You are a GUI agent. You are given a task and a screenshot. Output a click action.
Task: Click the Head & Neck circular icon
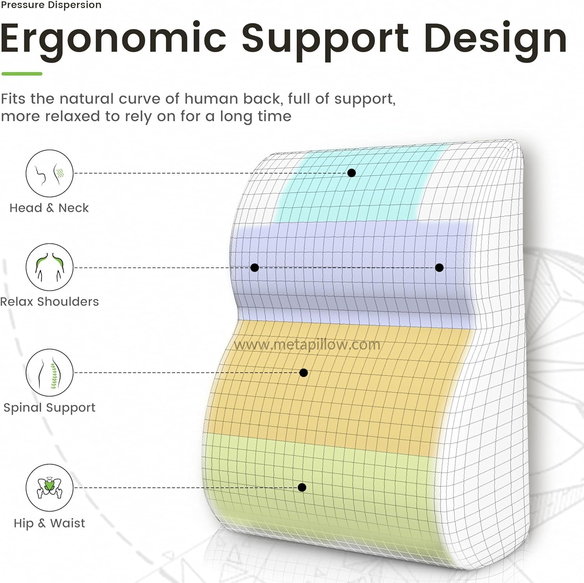tap(49, 173)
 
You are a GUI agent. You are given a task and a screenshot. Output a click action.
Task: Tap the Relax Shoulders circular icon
tap(49, 267)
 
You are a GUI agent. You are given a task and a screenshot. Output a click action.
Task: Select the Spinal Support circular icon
tap(49, 373)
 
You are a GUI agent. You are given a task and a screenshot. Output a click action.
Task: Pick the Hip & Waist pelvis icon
tap(49, 488)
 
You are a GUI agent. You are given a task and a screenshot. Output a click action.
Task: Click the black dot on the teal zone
tap(352, 173)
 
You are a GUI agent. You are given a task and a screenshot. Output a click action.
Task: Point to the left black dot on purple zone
tap(255, 268)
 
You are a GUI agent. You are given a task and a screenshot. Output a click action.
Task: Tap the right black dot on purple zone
tap(440, 268)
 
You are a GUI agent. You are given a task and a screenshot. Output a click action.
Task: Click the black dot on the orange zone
tap(304, 373)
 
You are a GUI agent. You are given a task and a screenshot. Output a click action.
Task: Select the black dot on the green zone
tap(302, 488)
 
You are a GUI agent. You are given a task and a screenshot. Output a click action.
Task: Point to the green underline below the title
tap(22, 74)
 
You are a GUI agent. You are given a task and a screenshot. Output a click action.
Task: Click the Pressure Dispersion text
tap(51, 5)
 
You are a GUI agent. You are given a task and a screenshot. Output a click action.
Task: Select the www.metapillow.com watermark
tap(307, 344)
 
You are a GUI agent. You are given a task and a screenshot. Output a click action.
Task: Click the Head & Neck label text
tap(49, 208)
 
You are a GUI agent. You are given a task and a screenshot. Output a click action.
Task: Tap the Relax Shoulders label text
tap(49, 302)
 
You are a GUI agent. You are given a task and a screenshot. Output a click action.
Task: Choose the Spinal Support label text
tap(49, 408)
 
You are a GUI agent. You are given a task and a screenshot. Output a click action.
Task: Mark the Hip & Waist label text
tap(49, 523)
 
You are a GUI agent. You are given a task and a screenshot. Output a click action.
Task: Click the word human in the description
tap(211, 99)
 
